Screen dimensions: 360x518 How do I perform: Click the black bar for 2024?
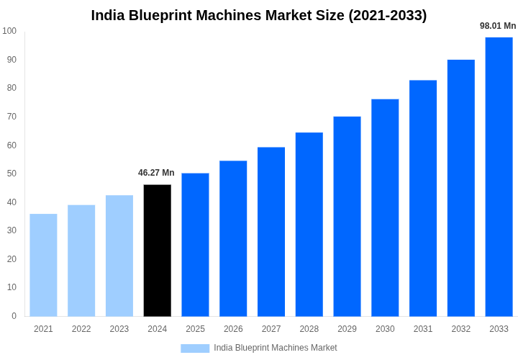(x=158, y=251)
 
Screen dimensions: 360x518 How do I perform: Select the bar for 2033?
(x=499, y=176)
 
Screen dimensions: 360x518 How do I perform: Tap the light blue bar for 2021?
(x=43, y=265)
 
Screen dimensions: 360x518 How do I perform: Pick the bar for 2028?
(x=309, y=224)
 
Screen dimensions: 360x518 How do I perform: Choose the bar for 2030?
(x=385, y=207)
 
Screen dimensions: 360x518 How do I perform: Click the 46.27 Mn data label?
(x=156, y=173)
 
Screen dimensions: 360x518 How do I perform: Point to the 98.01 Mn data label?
(x=498, y=26)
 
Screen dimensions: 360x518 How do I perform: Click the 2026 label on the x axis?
(x=233, y=329)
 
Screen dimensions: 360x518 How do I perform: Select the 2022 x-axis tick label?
(x=81, y=329)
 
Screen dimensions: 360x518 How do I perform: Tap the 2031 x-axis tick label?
(x=423, y=329)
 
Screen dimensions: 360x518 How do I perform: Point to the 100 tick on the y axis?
(x=9, y=31)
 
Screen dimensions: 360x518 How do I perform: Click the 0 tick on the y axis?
(x=14, y=316)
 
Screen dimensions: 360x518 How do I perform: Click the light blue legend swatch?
(x=195, y=348)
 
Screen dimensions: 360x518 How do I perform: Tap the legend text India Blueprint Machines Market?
(x=275, y=348)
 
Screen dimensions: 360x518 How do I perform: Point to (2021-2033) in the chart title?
(x=387, y=15)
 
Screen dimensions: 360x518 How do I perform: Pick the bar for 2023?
(x=119, y=256)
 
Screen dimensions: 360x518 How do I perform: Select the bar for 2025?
(x=195, y=245)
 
